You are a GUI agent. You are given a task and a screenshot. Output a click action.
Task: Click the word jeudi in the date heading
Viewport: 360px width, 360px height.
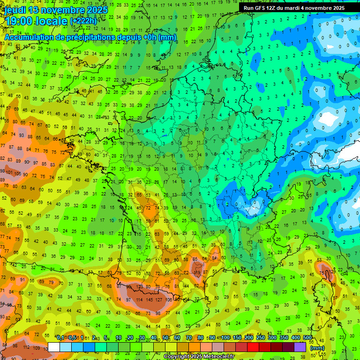tap(15, 10)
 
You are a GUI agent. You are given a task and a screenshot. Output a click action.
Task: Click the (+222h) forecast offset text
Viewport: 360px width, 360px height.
tap(83, 21)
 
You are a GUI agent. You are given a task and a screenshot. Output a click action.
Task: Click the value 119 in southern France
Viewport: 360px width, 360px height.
tap(197, 272)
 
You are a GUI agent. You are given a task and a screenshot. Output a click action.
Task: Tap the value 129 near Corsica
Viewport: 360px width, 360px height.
tap(333, 271)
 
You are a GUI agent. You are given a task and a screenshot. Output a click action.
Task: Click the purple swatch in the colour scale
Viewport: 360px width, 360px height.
tap(300, 347)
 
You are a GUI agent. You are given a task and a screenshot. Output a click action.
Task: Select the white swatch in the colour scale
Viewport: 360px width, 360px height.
tap(54, 347)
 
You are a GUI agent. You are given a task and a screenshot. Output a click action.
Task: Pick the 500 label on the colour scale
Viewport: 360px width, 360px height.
tap(307, 338)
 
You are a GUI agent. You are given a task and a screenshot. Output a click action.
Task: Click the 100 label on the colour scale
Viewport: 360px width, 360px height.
tap(226, 338)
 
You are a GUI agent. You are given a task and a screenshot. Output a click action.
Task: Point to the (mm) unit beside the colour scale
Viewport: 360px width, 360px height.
tap(317, 348)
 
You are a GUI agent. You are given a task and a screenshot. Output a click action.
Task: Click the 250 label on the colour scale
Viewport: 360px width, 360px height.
tap(261, 338)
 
